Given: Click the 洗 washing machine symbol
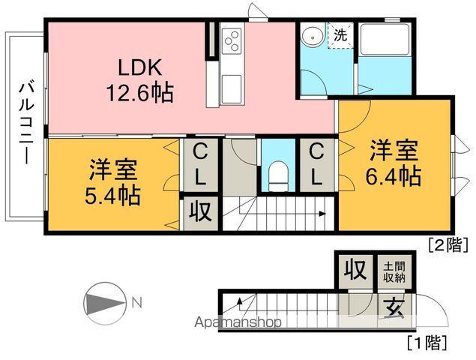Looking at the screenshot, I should (340, 35).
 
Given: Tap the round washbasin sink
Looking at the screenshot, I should (311, 37).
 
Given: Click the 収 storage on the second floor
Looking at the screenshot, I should (199, 213).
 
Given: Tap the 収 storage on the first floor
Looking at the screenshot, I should (352, 268).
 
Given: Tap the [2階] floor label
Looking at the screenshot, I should (448, 243).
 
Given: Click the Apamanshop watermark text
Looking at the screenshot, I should (238, 323).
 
